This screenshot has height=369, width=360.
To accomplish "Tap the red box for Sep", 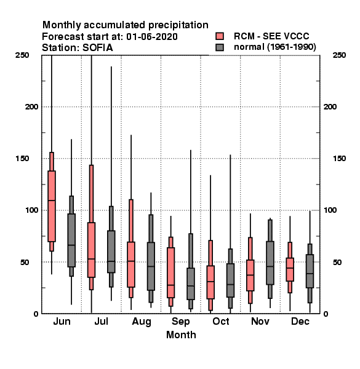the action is pyautogui.click(x=170, y=272).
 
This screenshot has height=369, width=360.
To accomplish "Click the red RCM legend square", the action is pyautogui.click(x=220, y=36).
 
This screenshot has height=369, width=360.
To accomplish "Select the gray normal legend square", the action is pyautogui.click(x=220, y=47).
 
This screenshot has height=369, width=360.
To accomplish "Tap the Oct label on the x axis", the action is pyautogui.click(x=220, y=321).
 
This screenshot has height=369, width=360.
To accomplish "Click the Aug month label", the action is pyautogui.click(x=142, y=322).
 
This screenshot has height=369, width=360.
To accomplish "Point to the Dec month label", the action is pyautogui.click(x=300, y=321).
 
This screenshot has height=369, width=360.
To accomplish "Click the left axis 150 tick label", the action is pyautogui.click(x=22, y=159).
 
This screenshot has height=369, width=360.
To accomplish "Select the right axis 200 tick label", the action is pyautogui.click(x=330, y=106).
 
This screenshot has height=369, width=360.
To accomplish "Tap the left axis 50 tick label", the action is pyautogui.click(x=25, y=262).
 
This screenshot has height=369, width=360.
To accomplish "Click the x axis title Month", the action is pyautogui.click(x=181, y=335).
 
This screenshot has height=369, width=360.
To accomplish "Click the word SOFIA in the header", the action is pyautogui.click(x=97, y=48).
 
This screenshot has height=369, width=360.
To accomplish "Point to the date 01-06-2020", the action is pyautogui.click(x=152, y=37).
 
